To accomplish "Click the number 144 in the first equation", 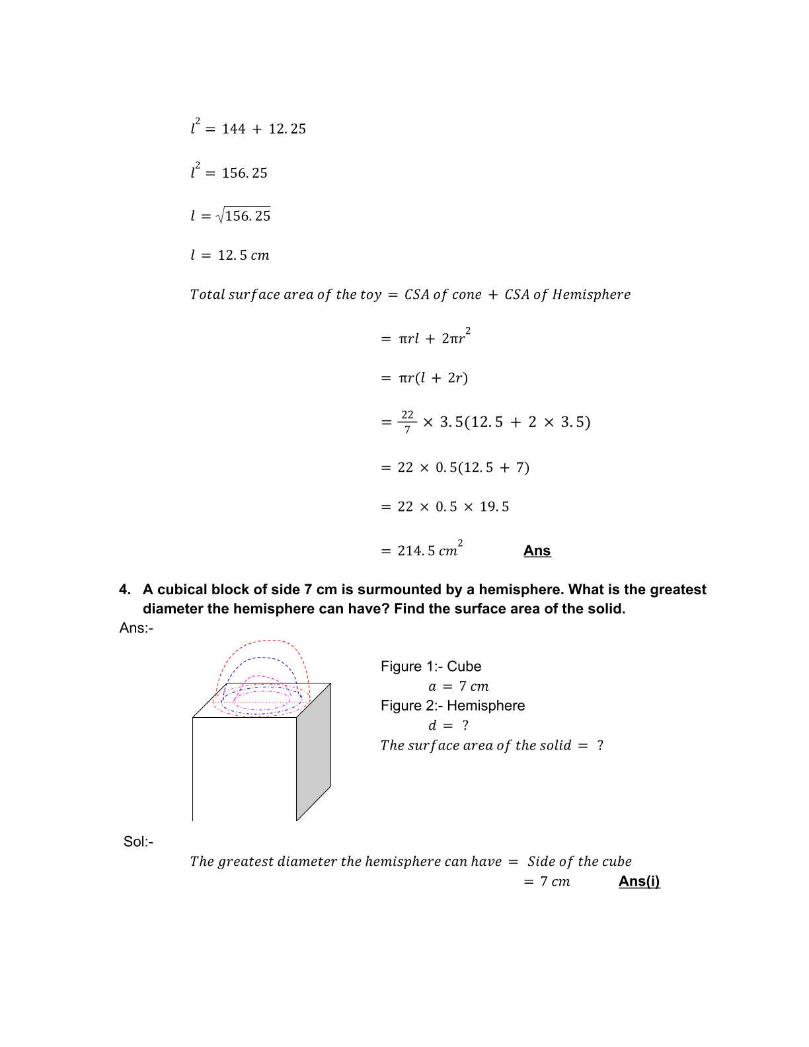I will (x=233, y=129).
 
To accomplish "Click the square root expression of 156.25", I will (x=243, y=215).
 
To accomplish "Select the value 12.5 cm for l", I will (x=243, y=255).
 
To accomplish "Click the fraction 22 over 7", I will (x=407, y=422).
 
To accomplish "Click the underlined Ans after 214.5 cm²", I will (x=537, y=551).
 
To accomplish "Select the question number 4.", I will (x=125, y=590).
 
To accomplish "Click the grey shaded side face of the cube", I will (x=313, y=751).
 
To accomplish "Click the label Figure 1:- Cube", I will (x=430, y=666).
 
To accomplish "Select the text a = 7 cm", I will (x=458, y=686).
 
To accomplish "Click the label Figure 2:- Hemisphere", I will (x=452, y=705).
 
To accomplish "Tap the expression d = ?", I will (x=448, y=725).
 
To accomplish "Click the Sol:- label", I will (x=138, y=841).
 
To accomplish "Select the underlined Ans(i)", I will (x=638, y=881).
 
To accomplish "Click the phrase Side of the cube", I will (x=579, y=861).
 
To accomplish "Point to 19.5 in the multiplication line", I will (x=494, y=507).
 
